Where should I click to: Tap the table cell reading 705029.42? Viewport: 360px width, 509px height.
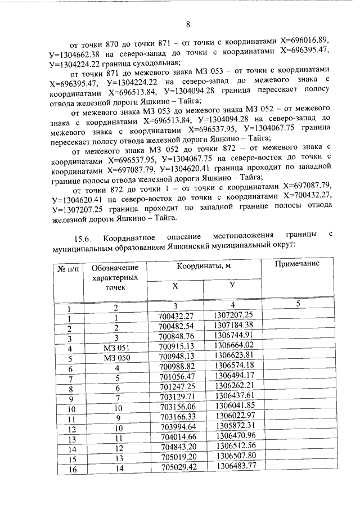pos(177,466)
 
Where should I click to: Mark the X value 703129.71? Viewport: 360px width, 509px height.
pos(177,397)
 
